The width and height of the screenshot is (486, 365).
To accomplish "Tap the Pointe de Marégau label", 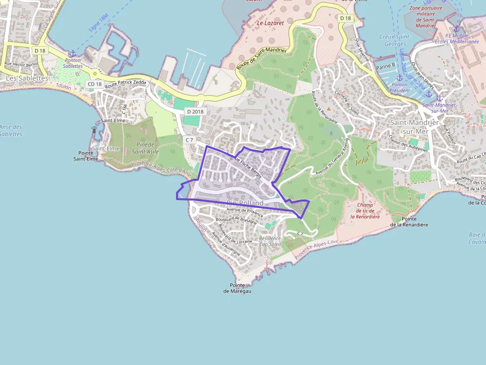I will point(237,288).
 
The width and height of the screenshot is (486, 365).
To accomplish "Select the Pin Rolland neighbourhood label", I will point(245,204).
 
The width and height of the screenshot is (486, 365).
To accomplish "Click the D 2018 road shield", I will point(195,111).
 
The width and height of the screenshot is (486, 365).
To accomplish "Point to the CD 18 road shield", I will point(94,84).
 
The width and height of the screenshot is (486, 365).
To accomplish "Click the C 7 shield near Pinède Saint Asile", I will point(189,140).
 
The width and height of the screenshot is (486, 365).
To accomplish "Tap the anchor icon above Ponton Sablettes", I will point(73,53).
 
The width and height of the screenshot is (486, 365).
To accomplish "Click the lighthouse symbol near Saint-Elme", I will point(94,130).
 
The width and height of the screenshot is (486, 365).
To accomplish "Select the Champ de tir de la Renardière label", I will point(364,210).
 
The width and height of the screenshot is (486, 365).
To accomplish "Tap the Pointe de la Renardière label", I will point(409,221).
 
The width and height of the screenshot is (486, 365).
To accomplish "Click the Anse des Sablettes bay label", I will point(11,130).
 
